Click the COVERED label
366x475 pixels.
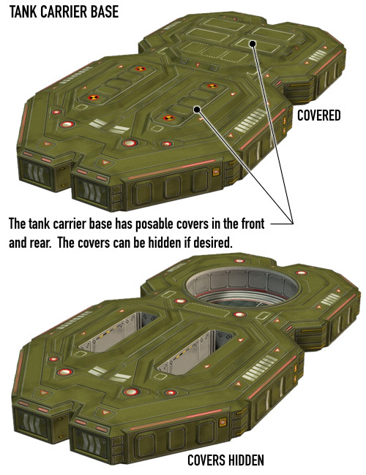[x=318, y=115]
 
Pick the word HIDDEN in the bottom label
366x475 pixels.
[x=246, y=460]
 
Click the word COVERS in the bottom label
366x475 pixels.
[x=206, y=460]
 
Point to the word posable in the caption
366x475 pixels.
[x=154, y=224]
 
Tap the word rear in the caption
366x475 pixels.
[x=41, y=243]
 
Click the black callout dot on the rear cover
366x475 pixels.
[x=253, y=44]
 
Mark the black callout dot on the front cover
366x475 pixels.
[x=197, y=110]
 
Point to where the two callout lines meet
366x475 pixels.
[x=293, y=224]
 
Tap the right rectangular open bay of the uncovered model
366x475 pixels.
[x=194, y=351]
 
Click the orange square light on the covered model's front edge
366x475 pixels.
[x=216, y=172]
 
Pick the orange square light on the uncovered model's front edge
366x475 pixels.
[x=223, y=422]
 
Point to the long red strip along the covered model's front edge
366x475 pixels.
[x=171, y=169]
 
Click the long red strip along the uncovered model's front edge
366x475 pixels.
[x=176, y=419]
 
